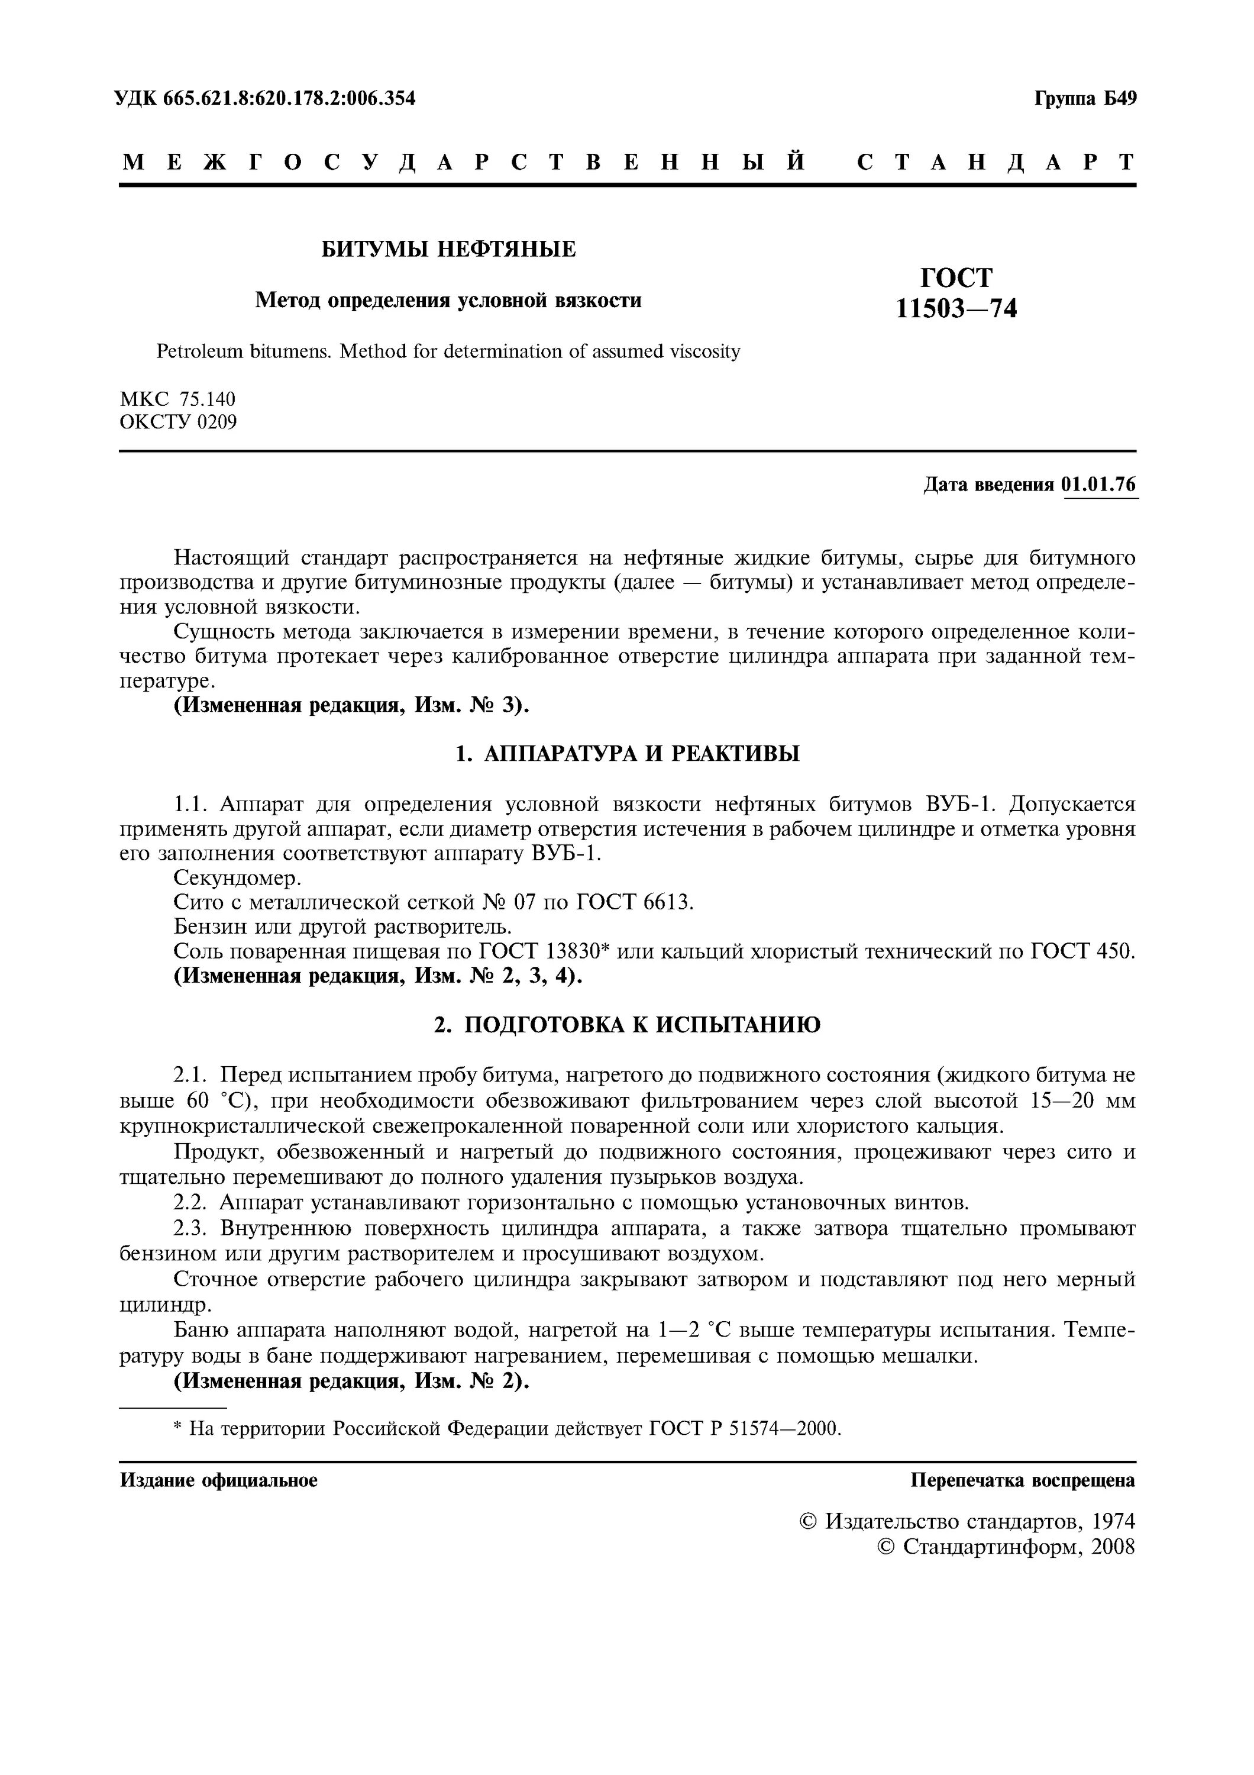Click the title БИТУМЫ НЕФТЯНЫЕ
[448, 249]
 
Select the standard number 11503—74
[956, 308]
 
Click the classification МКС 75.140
[177, 399]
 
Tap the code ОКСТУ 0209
[179, 422]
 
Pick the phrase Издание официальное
[219, 1480]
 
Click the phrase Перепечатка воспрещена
[1023, 1480]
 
